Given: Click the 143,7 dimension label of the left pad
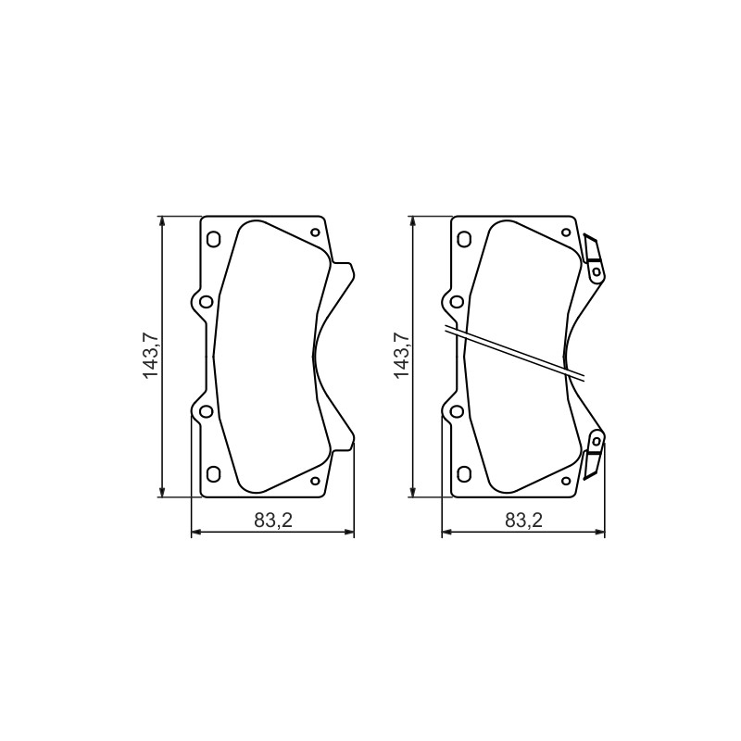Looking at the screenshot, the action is (x=150, y=356).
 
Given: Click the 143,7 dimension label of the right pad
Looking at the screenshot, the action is (x=401, y=356).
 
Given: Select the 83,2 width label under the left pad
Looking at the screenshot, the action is (x=273, y=521).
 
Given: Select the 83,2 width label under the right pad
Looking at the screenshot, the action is (x=524, y=521).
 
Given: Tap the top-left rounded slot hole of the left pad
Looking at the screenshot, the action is (x=214, y=239).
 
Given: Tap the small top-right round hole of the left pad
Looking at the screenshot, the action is (x=315, y=232).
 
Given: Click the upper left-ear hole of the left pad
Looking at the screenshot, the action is (x=206, y=302).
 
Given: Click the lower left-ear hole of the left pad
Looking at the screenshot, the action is (x=206, y=411).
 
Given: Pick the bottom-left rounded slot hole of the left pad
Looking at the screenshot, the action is (x=214, y=474).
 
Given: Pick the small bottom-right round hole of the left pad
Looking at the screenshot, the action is (x=315, y=481).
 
